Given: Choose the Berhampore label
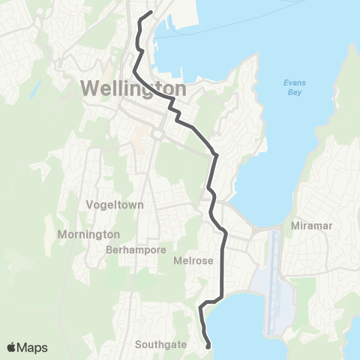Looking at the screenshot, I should click(x=136, y=250).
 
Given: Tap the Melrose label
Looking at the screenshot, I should click(x=193, y=260).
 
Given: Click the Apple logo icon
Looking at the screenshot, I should click(x=13, y=346).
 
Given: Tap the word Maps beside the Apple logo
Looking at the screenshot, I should click(x=33, y=346).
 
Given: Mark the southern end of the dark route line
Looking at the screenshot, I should click(x=208, y=346).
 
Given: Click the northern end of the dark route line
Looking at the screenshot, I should click(x=151, y=12).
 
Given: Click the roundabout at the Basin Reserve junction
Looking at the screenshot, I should click(x=158, y=135).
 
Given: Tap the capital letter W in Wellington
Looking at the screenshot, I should click(x=88, y=88).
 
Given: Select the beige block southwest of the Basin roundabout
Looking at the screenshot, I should click(x=139, y=139).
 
